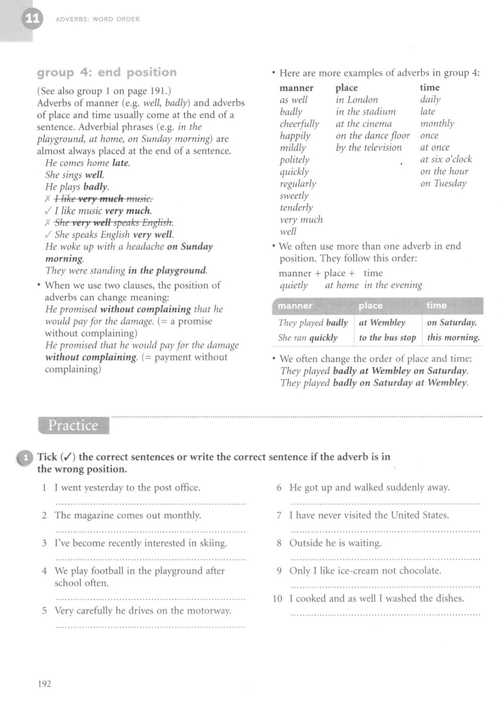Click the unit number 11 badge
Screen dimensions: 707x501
32,20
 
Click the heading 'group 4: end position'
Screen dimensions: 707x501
107,73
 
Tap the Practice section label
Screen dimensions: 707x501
73,426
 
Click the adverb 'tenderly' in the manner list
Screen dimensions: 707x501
296,208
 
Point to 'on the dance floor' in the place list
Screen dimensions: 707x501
373,136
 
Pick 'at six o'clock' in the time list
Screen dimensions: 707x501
446,160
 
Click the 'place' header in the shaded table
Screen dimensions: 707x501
371,305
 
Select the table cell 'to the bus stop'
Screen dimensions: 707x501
387,338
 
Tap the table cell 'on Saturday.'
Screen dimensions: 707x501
451,323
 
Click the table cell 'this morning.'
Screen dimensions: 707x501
453,338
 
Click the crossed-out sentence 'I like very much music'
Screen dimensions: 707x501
104,199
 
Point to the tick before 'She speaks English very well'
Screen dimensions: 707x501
49,235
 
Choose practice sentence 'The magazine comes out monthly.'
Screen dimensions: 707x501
128,515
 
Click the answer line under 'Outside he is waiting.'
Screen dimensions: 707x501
385,558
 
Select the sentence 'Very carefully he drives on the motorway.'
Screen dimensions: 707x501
143,611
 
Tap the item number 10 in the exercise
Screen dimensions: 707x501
278,599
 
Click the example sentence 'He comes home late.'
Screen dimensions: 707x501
88,163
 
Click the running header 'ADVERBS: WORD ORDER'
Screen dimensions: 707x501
98,20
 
